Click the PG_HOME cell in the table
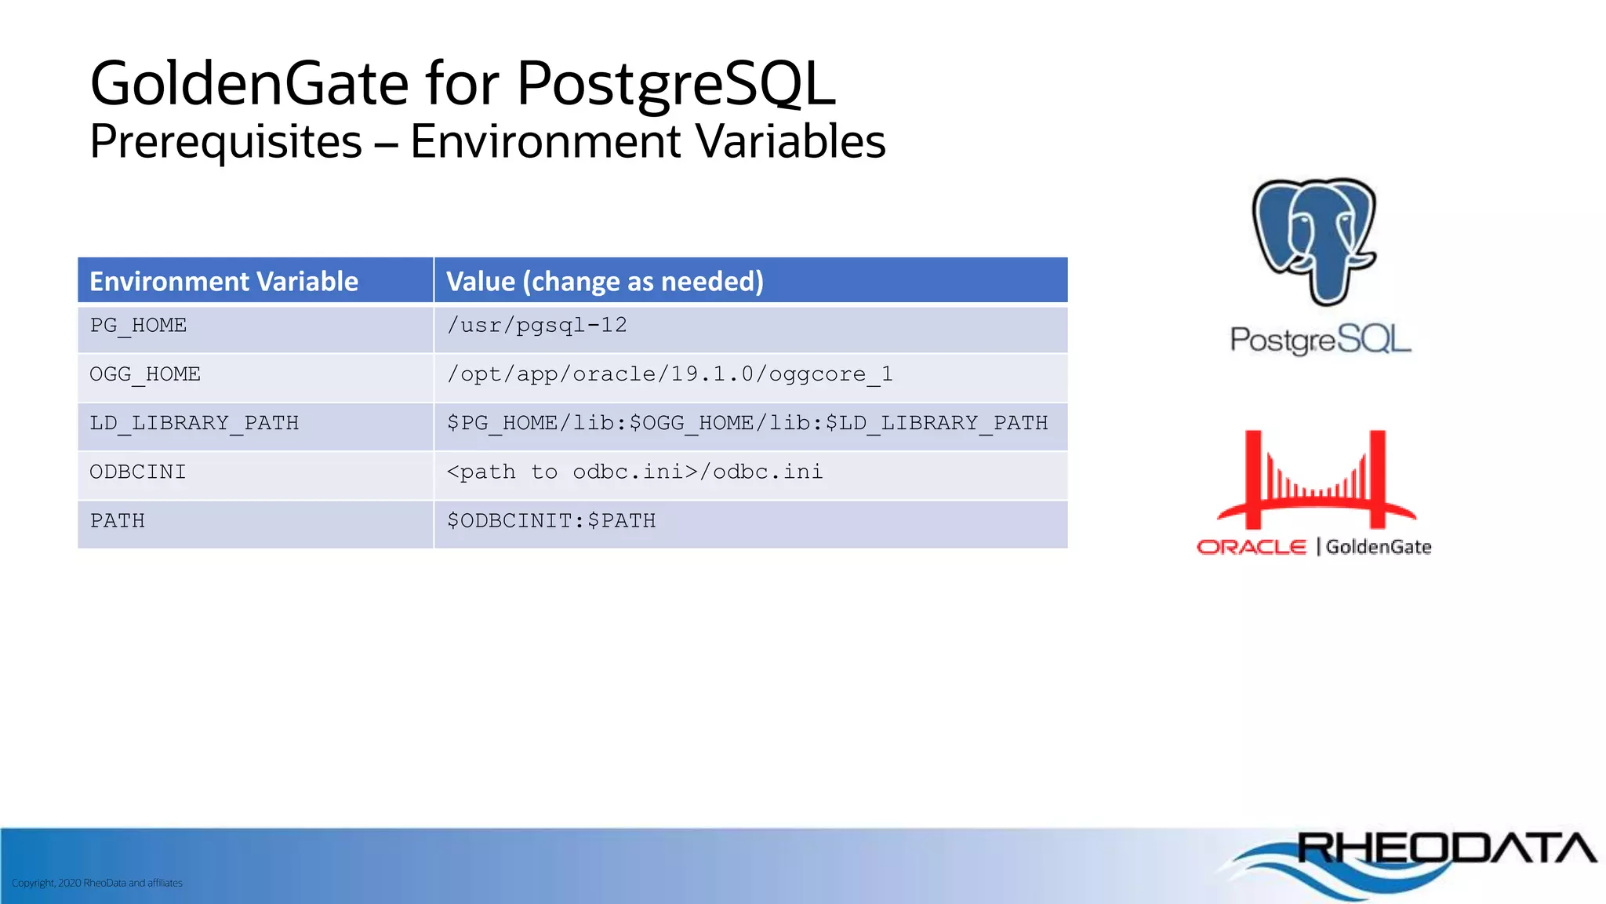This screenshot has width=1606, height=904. [138, 326]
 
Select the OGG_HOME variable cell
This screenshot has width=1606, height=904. [145, 375]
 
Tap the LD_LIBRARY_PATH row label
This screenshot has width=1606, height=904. [194, 424]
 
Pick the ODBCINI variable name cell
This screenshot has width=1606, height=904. [138, 472]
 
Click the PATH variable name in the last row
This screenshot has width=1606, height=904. [118, 521]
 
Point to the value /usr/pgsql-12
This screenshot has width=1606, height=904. [537, 326]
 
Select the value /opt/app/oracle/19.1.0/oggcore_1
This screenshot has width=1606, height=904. [670, 375]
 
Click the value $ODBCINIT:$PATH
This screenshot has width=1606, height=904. [551, 521]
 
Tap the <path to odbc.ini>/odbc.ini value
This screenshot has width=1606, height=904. [634, 472]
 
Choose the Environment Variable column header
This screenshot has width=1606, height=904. [223, 281]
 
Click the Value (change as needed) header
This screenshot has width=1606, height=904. [605, 281]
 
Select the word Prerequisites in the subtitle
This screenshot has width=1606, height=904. [226, 142]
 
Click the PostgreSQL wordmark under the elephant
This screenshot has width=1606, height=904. [1320, 339]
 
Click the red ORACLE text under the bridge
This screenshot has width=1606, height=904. [1251, 547]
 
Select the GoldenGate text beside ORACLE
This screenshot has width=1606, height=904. [1379, 547]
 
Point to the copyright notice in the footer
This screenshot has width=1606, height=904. [97, 883]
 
